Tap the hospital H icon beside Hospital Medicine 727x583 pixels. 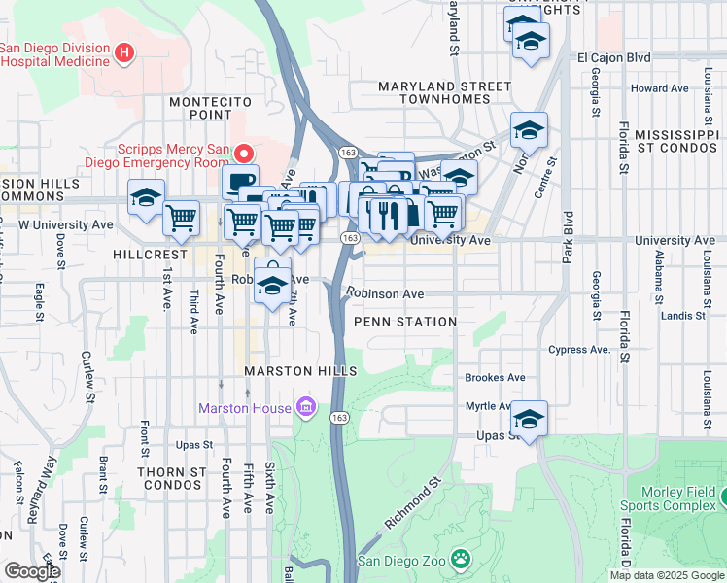[123, 53]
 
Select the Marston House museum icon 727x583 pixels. [306, 406]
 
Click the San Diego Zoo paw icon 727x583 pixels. [460, 561]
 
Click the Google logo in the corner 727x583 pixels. [31, 571]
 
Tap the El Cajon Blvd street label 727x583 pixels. [613, 57]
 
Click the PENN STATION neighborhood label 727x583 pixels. [405, 322]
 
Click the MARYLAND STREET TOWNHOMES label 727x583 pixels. [444, 93]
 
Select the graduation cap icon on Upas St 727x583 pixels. [530, 420]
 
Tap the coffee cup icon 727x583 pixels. [240, 181]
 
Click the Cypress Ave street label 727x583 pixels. [577, 349]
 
